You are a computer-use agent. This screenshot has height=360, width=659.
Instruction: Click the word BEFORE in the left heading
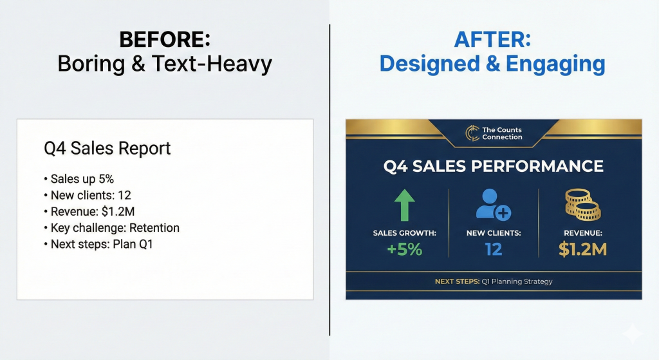point(162,39)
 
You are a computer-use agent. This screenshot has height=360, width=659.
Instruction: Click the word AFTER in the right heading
point(489,39)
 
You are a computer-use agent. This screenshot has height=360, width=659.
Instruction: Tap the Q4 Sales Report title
point(107,149)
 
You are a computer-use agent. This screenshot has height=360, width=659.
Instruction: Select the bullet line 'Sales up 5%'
point(79,179)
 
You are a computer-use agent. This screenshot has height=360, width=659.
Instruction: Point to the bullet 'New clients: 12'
point(88,195)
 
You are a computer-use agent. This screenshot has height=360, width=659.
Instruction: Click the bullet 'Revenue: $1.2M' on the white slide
point(89,211)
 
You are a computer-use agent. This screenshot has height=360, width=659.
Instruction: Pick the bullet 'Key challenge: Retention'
point(112,228)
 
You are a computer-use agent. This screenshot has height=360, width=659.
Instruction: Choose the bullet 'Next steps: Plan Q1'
point(98,244)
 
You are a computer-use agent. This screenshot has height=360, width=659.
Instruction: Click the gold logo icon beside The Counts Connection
point(472,133)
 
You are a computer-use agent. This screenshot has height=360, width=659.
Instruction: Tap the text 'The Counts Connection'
point(502,133)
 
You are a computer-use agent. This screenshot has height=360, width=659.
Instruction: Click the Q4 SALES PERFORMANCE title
point(494,166)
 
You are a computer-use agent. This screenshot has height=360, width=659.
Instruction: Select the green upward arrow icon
point(404,205)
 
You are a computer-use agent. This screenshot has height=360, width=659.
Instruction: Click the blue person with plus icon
point(493,204)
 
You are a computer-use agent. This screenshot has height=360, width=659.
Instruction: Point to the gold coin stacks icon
point(582,204)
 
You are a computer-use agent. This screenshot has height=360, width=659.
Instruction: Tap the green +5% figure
point(404,249)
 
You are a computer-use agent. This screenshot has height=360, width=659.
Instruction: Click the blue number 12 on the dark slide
point(494,249)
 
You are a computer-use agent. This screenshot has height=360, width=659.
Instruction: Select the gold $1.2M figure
point(582,249)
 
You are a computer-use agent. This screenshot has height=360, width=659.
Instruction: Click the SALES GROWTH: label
point(404,233)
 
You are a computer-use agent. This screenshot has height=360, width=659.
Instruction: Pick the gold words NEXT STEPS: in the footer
point(458,281)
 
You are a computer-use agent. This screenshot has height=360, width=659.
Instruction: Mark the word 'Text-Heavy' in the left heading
point(212,64)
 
